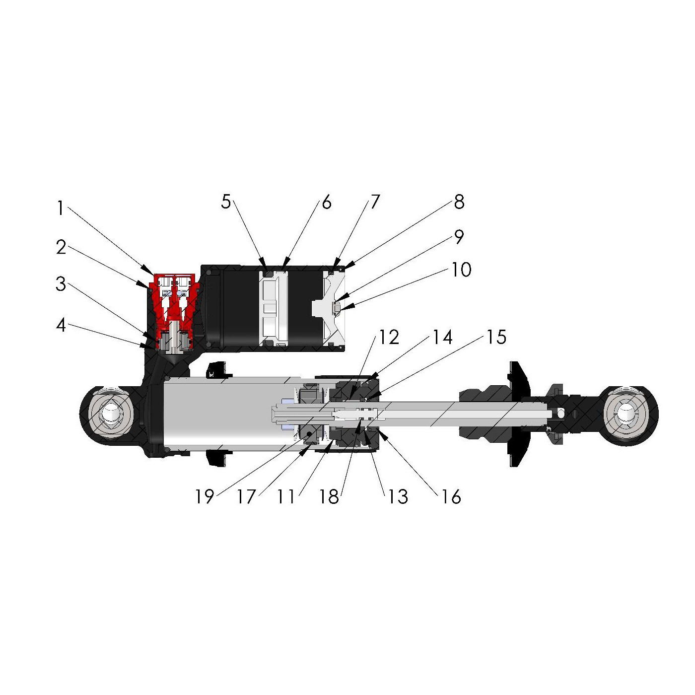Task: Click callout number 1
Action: [61, 208]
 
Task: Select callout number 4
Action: [61, 325]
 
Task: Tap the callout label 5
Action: [226, 202]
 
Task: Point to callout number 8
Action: [459, 202]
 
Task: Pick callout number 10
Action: [461, 270]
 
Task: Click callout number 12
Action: [389, 337]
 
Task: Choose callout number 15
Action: [496, 337]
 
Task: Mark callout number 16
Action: [451, 496]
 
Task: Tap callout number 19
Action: [205, 496]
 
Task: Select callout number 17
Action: [246, 496]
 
